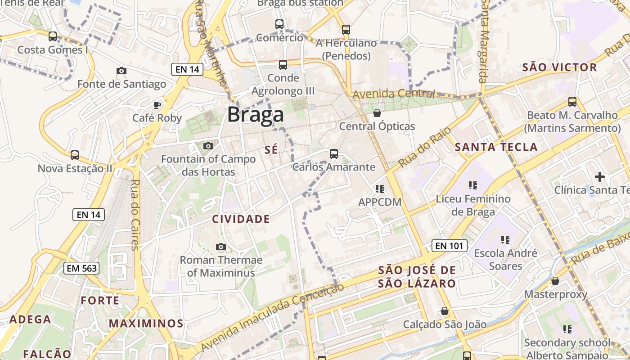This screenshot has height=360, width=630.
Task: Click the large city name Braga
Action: click(x=255, y=115)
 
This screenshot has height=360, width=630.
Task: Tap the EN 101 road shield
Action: click(x=449, y=246)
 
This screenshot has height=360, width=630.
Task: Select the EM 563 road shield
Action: click(x=81, y=268)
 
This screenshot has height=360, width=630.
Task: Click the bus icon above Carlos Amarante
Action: click(x=333, y=154)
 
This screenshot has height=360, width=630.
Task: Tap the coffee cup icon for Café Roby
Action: click(x=157, y=105)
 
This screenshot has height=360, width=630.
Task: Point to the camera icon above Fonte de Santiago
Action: click(x=121, y=71)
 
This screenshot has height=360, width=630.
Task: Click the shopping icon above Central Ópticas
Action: click(x=377, y=113)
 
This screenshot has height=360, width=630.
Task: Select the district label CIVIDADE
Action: click(x=241, y=219)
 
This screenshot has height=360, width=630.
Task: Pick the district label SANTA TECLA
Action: click(x=496, y=147)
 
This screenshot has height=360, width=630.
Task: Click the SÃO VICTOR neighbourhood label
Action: click(x=559, y=67)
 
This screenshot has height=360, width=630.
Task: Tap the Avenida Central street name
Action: click(x=394, y=94)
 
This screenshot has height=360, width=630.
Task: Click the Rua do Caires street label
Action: click(x=135, y=215)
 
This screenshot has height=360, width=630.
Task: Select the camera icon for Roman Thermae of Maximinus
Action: click(x=220, y=247)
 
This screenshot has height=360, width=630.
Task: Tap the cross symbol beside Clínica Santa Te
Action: click(x=599, y=176)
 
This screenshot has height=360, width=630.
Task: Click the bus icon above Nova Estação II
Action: click(x=74, y=155)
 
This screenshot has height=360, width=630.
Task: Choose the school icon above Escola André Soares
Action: click(x=504, y=240)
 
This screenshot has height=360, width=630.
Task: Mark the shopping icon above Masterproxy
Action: click(x=555, y=281)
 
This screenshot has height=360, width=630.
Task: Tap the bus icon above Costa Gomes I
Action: click(x=53, y=36)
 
